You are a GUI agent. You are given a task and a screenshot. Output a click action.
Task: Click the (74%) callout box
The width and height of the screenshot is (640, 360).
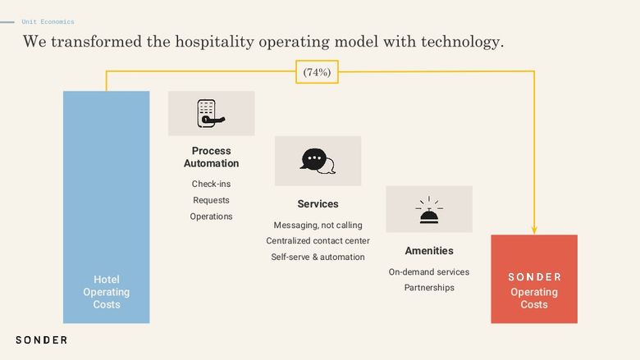click(318, 72)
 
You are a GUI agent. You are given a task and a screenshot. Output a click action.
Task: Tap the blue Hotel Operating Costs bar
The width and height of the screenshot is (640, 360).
click(106, 207)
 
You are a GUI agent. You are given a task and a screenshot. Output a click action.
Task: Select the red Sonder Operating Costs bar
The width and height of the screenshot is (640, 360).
click(534, 279)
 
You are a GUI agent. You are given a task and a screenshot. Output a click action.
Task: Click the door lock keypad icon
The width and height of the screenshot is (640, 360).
click(211, 113)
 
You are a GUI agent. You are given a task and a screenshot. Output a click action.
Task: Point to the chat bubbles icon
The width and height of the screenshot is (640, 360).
click(318, 161)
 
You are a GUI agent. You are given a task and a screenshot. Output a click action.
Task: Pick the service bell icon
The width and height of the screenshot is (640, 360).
click(429, 210)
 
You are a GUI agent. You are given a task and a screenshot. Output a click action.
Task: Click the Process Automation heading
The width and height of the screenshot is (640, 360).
click(211, 157)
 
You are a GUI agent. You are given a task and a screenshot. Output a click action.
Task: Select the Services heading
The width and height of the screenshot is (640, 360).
click(318, 204)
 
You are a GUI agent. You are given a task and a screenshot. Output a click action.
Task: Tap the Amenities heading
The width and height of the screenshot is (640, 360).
click(429, 251)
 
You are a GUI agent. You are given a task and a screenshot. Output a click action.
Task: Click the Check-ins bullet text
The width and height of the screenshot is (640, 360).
click(211, 184)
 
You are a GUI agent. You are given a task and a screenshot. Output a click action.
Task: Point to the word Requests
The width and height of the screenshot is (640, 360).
click(211, 200)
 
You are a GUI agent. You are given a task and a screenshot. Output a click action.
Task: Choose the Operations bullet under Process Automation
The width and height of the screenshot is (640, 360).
click(211, 216)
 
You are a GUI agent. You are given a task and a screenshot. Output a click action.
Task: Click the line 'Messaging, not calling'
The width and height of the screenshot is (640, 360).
click(318, 225)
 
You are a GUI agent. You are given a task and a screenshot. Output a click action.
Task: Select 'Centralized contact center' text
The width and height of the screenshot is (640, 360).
click(318, 241)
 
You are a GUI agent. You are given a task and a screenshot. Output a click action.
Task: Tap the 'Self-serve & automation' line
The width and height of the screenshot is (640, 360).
click(318, 257)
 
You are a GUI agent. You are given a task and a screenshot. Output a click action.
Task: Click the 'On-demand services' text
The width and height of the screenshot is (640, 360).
click(429, 272)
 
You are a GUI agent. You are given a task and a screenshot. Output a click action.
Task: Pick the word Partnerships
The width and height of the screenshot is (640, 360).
click(429, 288)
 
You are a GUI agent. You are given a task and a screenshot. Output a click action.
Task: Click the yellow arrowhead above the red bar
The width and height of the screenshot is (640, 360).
click(534, 230)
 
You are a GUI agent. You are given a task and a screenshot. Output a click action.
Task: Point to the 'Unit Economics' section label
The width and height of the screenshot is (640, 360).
click(48, 21)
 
